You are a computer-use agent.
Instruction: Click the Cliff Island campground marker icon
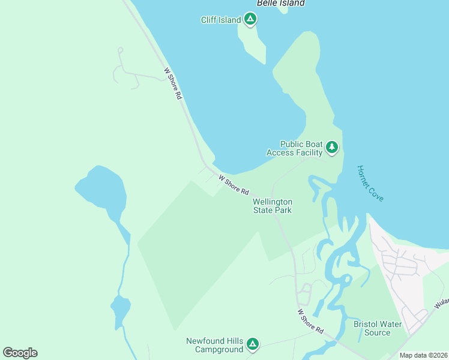point(251,20)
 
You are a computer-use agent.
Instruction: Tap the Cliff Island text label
point(220,20)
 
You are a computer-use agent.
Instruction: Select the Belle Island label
point(281,3)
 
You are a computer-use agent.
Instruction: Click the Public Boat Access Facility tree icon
point(331,148)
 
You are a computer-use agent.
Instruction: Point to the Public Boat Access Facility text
point(295,148)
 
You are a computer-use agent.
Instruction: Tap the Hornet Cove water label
point(370,184)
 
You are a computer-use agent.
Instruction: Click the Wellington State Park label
point(273,206)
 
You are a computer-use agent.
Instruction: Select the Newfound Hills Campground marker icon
point(253,344)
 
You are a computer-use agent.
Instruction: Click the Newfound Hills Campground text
point(215,344)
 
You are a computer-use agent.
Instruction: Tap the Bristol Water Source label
point(377,328)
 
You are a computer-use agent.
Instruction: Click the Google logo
point(20,353)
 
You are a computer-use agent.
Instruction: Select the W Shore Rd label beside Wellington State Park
point(234,185)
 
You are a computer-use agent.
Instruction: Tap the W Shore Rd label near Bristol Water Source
point(310,322)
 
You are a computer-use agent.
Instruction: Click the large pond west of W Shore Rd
point(102,189)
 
